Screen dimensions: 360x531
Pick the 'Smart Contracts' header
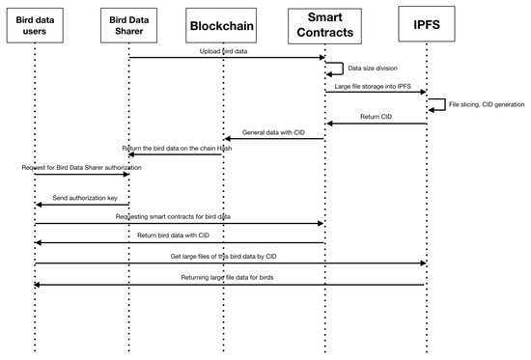[x=324, y=26]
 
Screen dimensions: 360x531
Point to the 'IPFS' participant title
[x=425, y=24]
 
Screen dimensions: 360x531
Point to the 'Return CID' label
[x=375, y=118]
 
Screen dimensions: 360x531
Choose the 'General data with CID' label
[x=274, y=132]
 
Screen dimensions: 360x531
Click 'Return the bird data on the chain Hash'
[x=177, y=148]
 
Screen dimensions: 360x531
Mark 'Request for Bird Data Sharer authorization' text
[x=82, y=168]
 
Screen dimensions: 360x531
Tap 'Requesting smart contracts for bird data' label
[x=178, y=217]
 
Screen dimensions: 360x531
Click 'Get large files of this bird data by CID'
[x=230, y=256]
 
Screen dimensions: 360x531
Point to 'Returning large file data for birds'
[x=230, y=278]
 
